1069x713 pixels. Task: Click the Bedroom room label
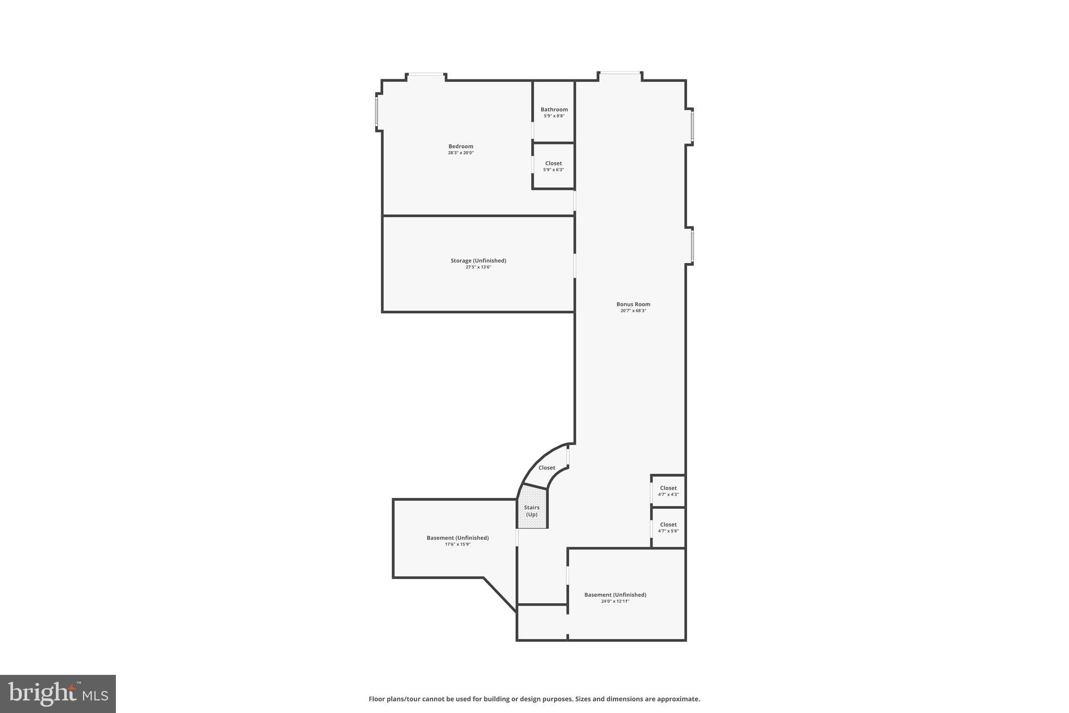(460, 146)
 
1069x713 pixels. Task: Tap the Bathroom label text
(554, 110)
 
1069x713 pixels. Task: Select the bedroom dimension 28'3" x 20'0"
(460, 153)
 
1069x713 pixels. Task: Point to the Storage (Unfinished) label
(478, 261)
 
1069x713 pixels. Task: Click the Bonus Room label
(633, 304)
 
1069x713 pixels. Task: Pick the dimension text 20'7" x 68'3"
(633, 311)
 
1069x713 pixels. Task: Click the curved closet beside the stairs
(547, 467)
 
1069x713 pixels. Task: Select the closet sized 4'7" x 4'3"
(668, 491)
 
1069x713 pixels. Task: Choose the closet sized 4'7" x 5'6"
(668, 528)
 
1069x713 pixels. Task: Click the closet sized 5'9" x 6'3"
(553, 166)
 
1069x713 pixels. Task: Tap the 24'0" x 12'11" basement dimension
(615, 601)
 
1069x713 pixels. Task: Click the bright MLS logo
(58, 694)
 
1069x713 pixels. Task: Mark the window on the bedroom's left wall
(376, 111)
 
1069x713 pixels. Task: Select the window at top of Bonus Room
(620, 73)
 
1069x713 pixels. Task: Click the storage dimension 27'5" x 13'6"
(478, 267)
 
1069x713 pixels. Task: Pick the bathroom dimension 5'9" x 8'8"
(554, 116)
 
